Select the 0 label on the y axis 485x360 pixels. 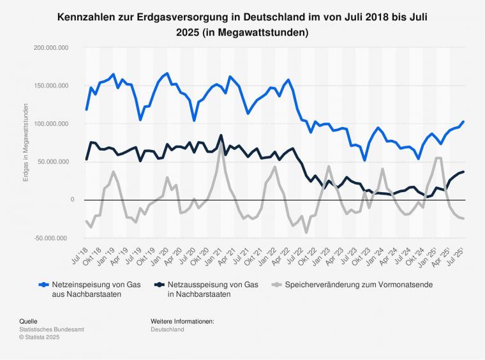72,200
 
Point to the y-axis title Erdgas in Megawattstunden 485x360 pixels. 26,142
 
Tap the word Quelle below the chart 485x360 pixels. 28,321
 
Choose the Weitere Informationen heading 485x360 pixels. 183,321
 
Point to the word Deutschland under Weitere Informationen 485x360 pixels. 168,329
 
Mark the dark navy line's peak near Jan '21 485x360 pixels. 221,135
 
